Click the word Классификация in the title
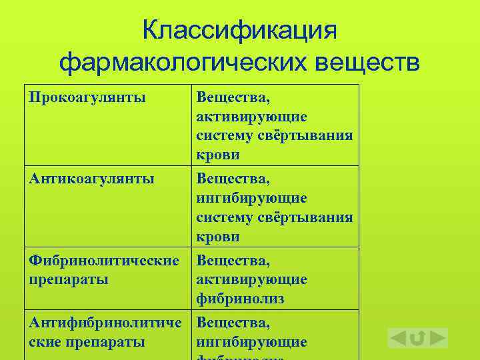pos(240,30)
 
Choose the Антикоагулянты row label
pos(92,179)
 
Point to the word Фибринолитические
pos(104,261)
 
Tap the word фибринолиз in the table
pos(241,299)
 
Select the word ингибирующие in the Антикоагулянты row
pos(252,198)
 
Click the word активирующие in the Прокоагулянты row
pos(252,117)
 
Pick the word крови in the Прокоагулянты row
pos(218,155)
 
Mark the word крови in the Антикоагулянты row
pos(218,237)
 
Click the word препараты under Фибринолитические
pos(69,279)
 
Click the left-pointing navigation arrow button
pos(398,338)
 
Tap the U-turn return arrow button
pos(418,338)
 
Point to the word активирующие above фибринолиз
pos(252,279)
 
